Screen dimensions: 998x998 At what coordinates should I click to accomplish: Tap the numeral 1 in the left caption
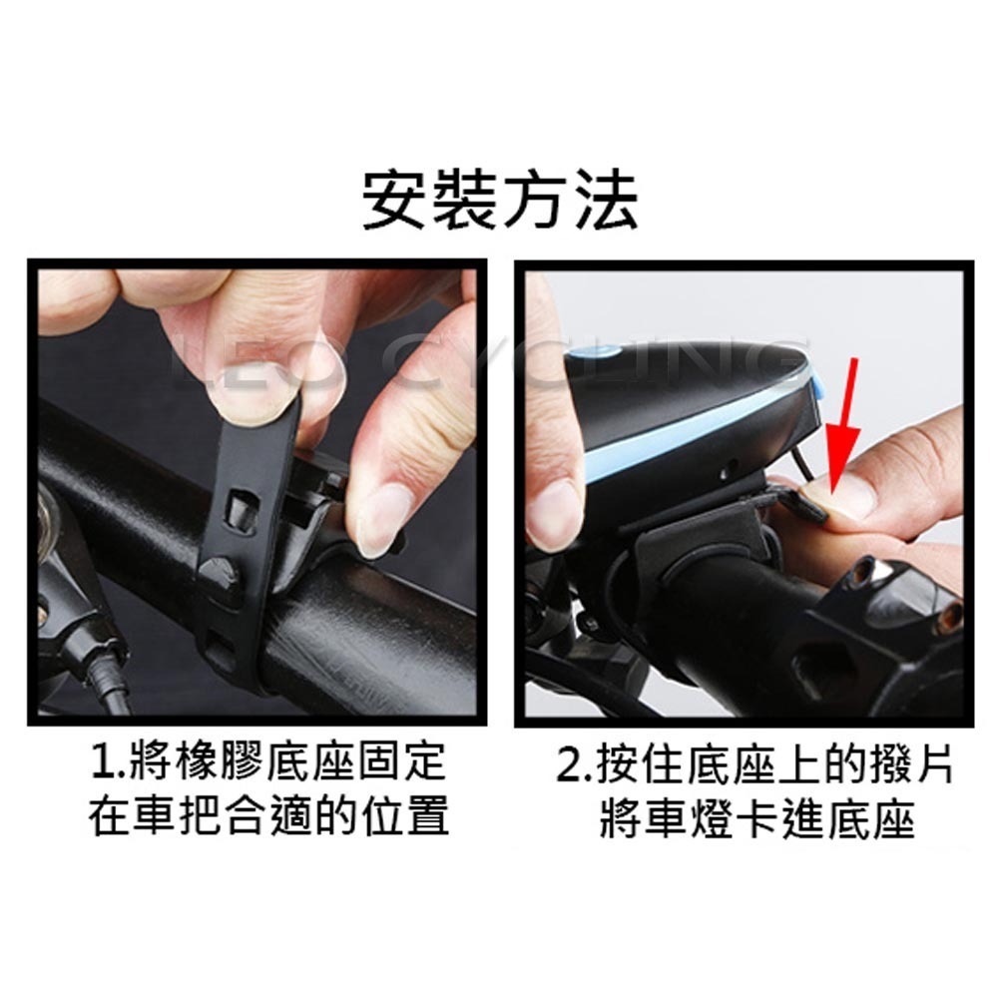pos(102,766)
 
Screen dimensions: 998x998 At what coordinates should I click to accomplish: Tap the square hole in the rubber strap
pos(239,510)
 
